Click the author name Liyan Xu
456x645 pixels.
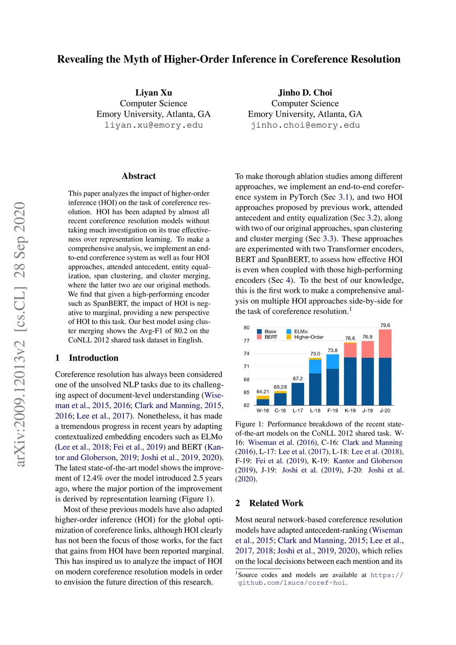pos(154,93)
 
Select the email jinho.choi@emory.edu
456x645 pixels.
pos(305,125)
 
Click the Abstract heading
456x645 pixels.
pos(138,176)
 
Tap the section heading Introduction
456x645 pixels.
pos(94,358)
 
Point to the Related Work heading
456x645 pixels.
pos(276,503)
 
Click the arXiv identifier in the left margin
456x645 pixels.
pos(20,334)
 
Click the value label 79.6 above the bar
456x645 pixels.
pos(385,325)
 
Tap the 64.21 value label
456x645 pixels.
pos(263,392)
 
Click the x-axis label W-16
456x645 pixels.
pos(263,411)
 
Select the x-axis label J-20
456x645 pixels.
pos(385,411)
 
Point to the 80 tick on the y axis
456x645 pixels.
pos(247,327)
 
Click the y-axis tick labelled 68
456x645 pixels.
pos(247,380)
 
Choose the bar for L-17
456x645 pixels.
pos(298,394)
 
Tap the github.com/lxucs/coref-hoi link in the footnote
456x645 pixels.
pos(292,583)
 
